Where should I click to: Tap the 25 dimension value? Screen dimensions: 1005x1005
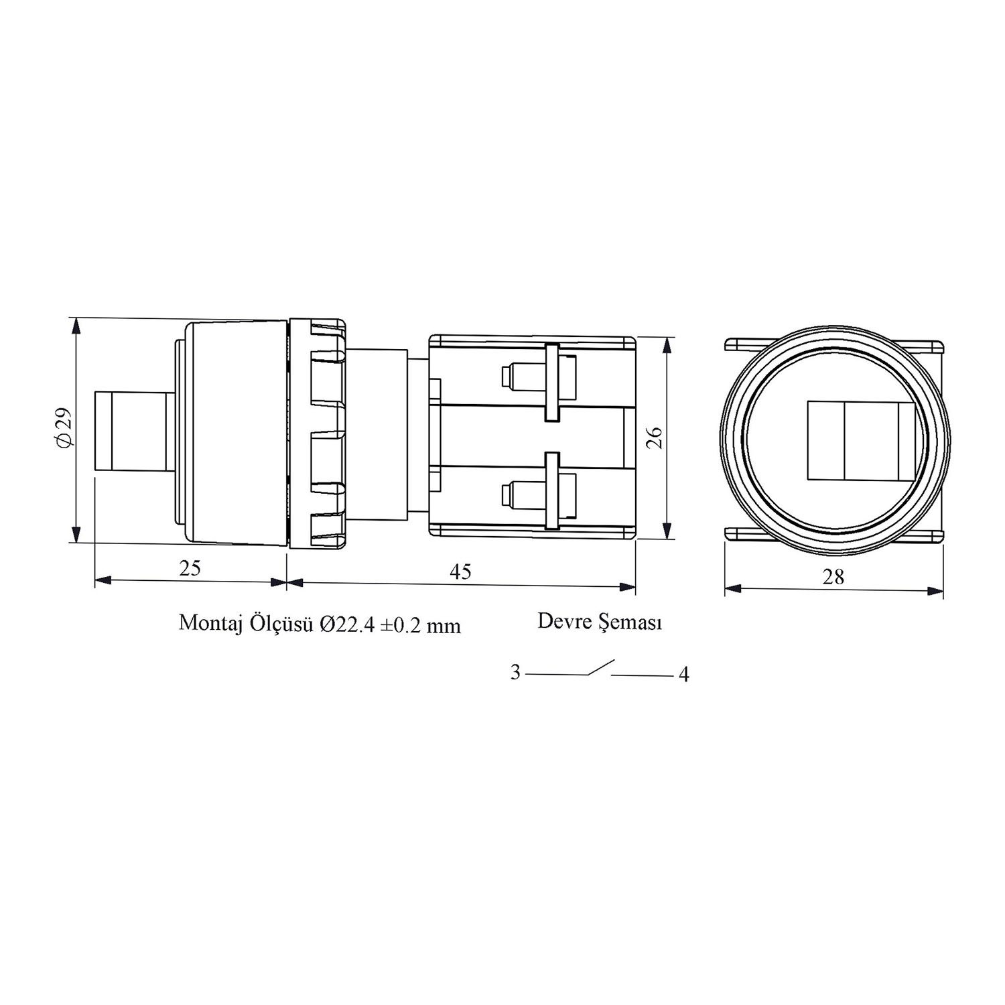pyautogui.click(x=190, y=568)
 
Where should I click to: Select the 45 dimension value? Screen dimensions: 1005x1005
pyautogui.click(x=460, y=571)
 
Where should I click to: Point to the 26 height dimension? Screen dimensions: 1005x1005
pyautogui.click(x=656, y=438)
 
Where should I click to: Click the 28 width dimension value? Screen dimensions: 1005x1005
pyautogui.click(x=833, y=576)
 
